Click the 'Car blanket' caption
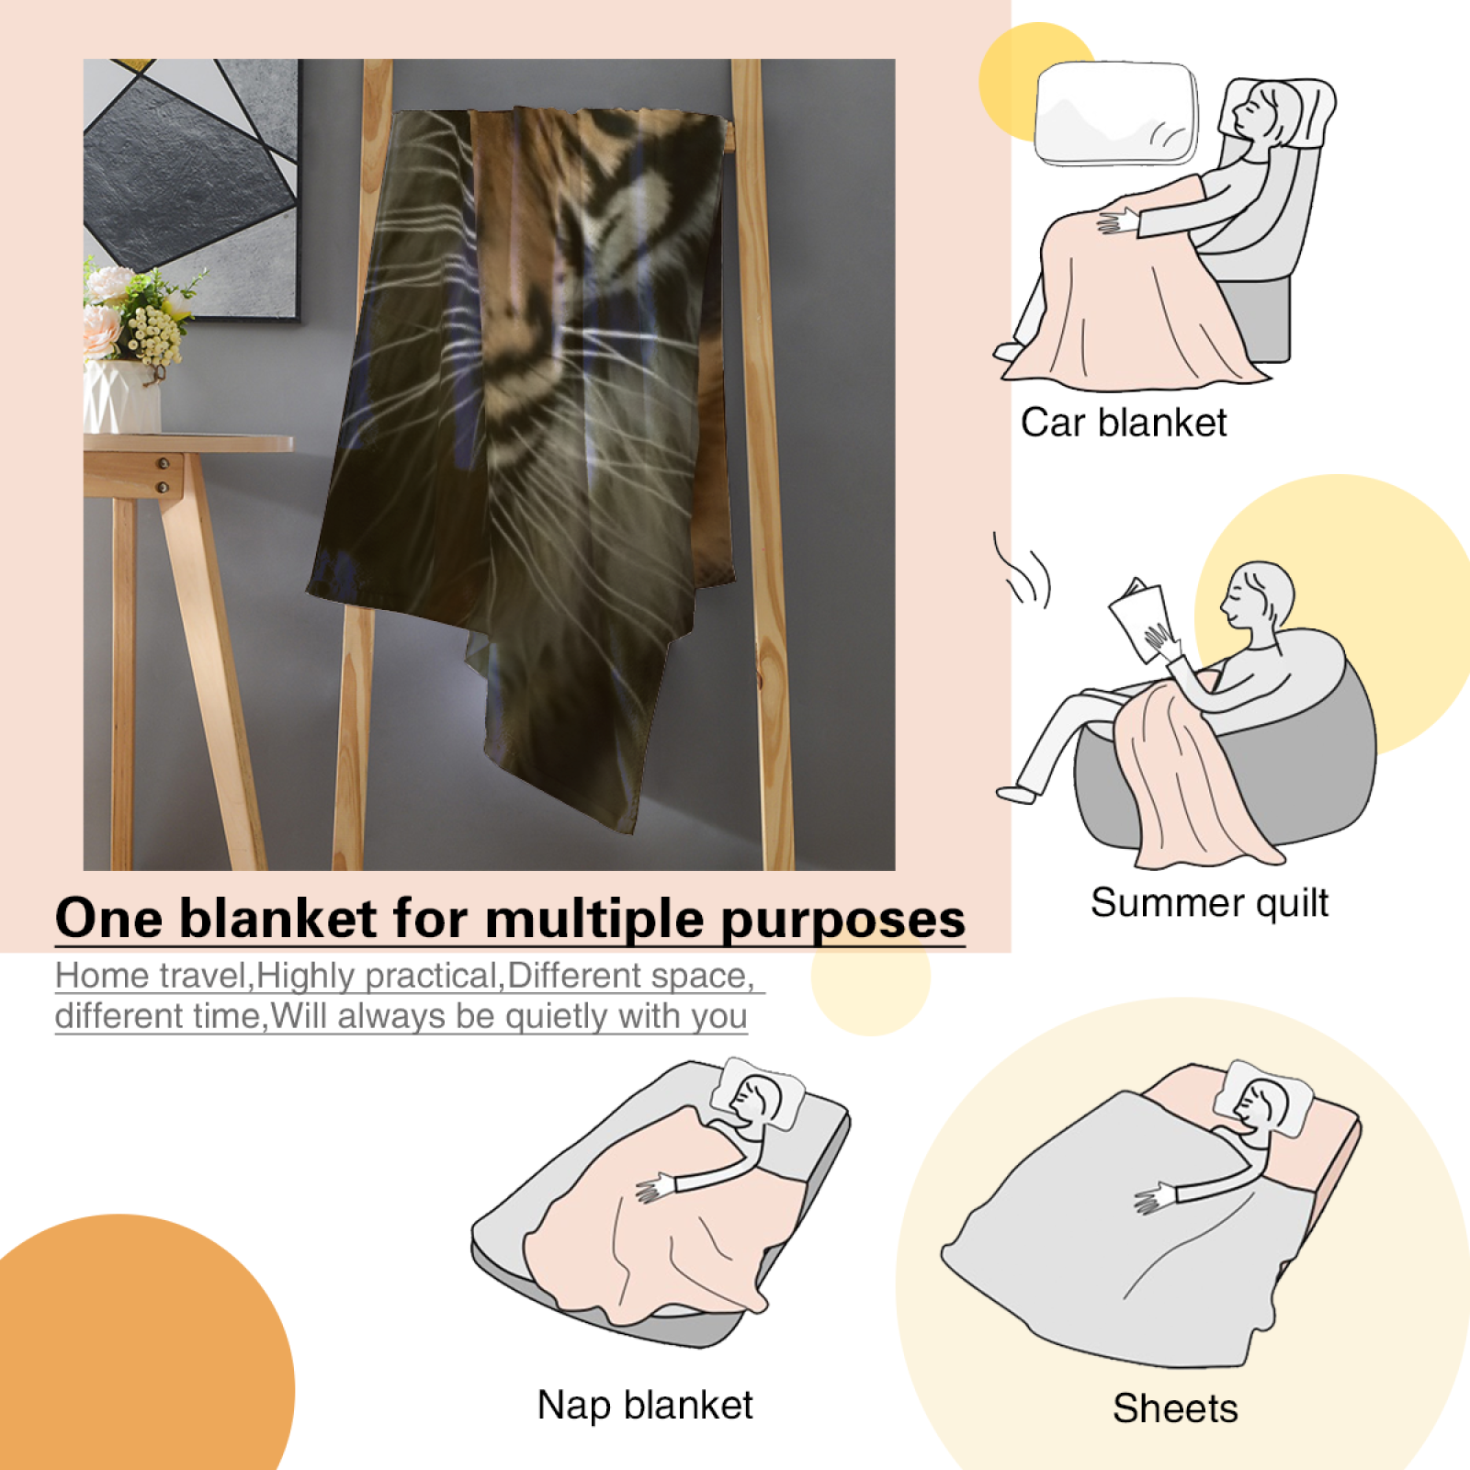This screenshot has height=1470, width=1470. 1123,424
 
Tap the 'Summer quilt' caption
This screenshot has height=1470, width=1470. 1209,903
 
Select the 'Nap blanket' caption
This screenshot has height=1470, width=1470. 645,1406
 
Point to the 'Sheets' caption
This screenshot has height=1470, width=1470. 1175,1408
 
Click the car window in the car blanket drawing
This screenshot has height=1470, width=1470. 1116,113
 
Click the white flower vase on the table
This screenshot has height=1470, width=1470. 121,396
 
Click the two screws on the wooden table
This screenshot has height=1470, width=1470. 163,475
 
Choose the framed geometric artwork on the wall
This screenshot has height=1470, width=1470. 191,189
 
